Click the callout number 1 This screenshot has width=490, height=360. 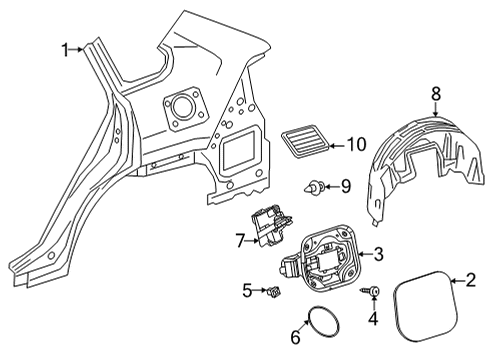[x=66, y=48]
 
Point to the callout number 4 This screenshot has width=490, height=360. [x=373, y=321]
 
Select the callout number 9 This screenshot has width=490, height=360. [x=345, y=185]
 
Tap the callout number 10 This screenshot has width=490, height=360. [x=356, y=144]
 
